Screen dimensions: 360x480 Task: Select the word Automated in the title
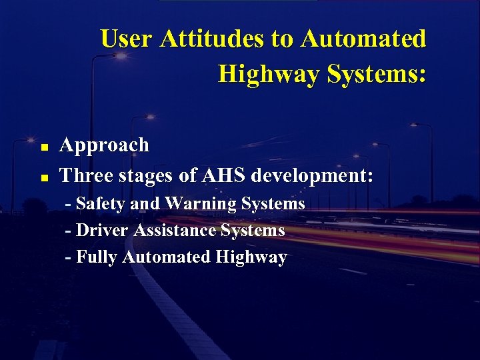click(363, 39)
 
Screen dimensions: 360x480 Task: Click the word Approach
click(105, 145)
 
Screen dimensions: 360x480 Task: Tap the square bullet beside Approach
click(43, 147)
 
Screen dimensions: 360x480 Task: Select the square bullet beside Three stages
click(43, 178)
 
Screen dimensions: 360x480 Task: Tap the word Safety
click(102, 204)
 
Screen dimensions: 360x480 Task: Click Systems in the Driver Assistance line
click(253, 231)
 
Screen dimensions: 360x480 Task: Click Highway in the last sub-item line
click(251, 257)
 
